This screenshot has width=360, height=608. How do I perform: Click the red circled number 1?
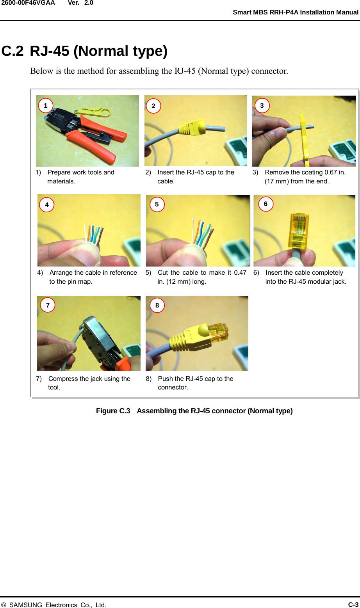(46, 105)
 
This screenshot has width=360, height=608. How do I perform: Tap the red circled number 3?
(262, 105)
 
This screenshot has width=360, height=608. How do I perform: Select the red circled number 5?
(157, 204)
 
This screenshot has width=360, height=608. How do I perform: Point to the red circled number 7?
(48, 305)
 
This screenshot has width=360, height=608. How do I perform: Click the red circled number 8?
(157, 305)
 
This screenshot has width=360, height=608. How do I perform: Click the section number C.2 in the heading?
(12, 51)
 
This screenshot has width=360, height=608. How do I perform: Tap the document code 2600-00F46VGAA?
(28, 3)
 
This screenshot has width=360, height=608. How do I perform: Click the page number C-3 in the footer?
(353, 604)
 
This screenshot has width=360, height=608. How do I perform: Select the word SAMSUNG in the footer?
(25, 605)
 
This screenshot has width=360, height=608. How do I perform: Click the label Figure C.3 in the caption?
(113, 411)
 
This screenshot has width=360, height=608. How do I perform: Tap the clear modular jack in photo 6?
(299, 230)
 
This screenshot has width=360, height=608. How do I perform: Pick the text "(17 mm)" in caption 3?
(276, 181)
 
